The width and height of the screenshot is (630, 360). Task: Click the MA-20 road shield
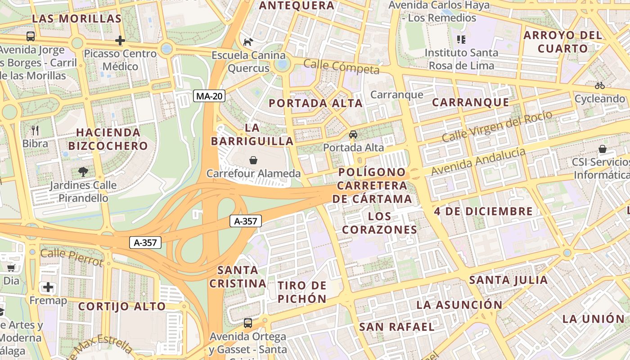click(209, 96)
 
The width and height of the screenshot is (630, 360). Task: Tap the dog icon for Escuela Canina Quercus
click(248, 42)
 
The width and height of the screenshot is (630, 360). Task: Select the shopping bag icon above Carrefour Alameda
click(253, 160)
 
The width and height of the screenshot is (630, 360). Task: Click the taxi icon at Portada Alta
click(353, 135)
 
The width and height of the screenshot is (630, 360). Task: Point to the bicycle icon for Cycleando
click(599, 85)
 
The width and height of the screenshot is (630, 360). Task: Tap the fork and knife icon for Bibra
click(35, 130)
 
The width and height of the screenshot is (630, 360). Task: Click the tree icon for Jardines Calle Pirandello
click(82, 171)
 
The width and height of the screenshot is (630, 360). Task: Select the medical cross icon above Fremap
click(48, 287)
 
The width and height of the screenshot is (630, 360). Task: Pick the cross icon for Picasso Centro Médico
click(120, 40)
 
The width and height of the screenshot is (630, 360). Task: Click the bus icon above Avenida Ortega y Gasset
click(247, 323)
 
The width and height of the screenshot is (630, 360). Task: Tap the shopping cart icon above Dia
click(11, 268)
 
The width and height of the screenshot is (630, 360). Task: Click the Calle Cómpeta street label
click(341, 67)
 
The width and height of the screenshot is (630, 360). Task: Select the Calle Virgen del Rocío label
click(497, 126)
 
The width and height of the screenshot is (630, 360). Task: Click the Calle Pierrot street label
click(72, 257)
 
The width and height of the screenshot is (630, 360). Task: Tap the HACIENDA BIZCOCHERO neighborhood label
click(108, 139)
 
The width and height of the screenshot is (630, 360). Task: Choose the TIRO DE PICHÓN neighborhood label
click(302, 292)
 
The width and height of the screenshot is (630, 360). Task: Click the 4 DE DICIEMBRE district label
click(483, 211)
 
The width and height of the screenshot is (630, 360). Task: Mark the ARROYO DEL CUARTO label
click(562, 42)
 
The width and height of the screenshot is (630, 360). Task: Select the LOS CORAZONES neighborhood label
click(379, 223)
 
